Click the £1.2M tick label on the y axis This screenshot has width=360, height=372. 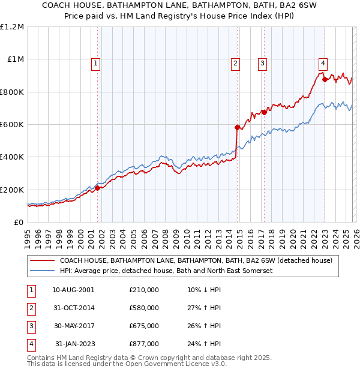pyautogui.click(x=12, y=27)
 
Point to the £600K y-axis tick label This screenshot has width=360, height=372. pyautogui.click(x=11, y=125)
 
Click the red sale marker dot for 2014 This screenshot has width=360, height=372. pyautogui.click(x=237, y=127)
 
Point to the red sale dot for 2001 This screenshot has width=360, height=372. pyautogui.click(x=97, y=188)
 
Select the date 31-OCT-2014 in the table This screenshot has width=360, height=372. pyautogui.click(x=73, y=308)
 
